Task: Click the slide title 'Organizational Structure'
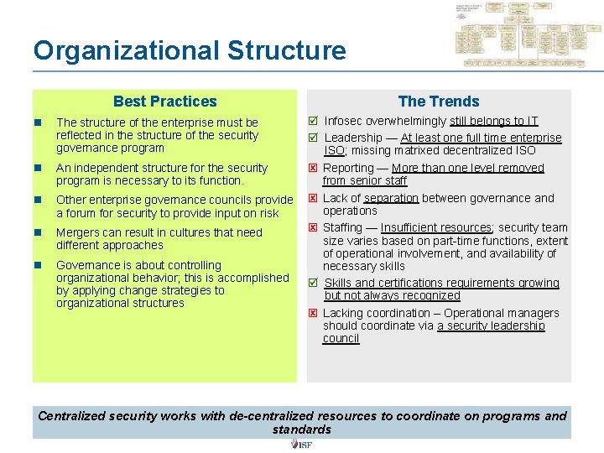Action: (190, 50)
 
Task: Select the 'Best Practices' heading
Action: (164, 102)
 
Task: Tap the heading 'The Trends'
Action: (439, 102)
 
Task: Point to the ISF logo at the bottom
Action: (301, 445)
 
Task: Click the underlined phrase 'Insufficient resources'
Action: (436, 228)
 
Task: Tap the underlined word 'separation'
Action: (391, 199)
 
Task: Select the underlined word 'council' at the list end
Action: (341, 339)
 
